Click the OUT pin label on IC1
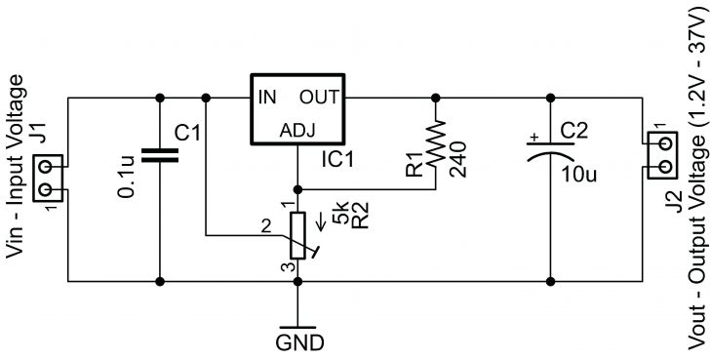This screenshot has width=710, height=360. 319,98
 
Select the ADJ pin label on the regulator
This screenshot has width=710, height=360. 296,131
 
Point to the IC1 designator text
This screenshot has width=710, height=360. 340,157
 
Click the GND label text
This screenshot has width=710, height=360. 297,343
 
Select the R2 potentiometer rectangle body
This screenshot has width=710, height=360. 297,238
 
